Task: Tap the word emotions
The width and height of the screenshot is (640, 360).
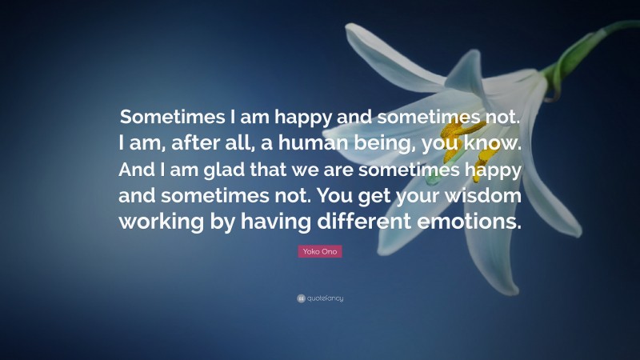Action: click(466, 223)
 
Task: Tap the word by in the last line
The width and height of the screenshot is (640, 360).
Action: click(221, 223)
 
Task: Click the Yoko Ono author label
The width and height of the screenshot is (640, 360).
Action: click(319, 251)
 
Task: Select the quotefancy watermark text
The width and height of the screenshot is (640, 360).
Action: click(324, 298)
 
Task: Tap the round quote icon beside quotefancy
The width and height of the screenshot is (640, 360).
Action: click(301, 298)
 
